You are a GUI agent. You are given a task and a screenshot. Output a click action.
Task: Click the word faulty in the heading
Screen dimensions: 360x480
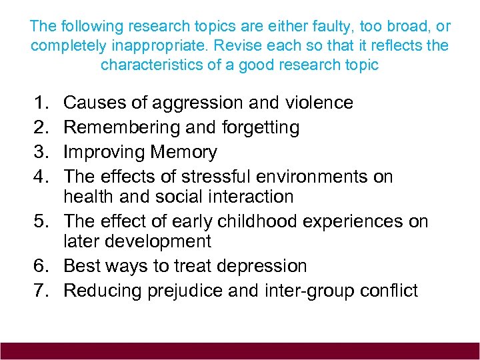(304, 27)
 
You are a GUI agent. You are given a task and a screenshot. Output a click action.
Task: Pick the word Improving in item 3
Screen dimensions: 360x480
(104, 153)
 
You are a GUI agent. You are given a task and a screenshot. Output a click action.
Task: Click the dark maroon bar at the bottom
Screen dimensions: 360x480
(240, 351)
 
